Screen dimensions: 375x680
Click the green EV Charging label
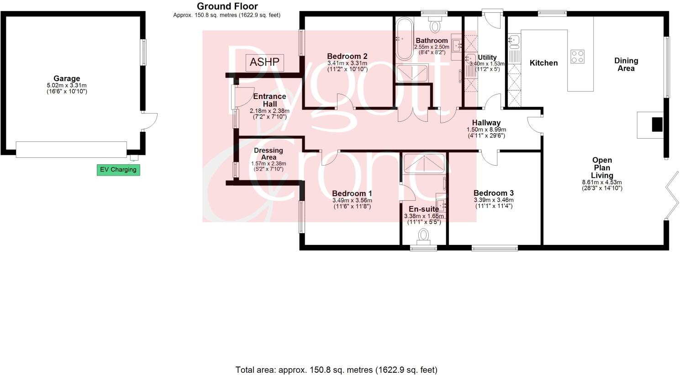(x=118, y=170)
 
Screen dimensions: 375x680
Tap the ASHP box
(x=265, y=62)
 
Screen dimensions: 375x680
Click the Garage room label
(x=67, y=79)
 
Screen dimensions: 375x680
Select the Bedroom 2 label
(x=347, y=57)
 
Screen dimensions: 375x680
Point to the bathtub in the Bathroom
(x=403, y=39)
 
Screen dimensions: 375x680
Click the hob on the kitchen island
(x=577, y=56)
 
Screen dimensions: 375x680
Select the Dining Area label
(x=626, y=64)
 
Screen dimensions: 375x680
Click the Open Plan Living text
(x=601, y=167)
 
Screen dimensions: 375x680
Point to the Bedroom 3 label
(x=493, y=193)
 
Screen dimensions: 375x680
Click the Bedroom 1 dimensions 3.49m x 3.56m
(x=352, y=200)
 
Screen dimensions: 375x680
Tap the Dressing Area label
(x=269, y=154)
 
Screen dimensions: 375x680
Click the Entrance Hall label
(x=269, y=100)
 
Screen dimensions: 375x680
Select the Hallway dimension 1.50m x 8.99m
(x=486, y=129)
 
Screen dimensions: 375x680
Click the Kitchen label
(x=543, y=63)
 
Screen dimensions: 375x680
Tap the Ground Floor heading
(x=227, y=6)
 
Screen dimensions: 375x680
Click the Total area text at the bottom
(x=336, y=370)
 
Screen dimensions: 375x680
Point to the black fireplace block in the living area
(x=656, y=125)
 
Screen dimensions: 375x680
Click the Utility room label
(x=487, y=57)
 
